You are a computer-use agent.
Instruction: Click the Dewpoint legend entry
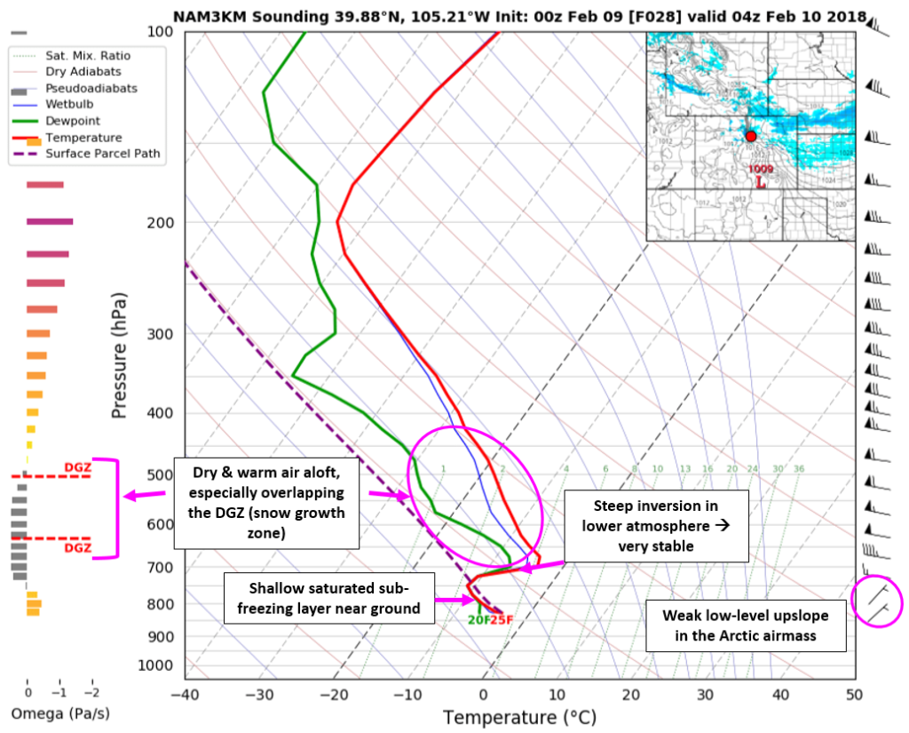(72, 121)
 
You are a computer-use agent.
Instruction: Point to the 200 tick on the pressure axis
(162, 222)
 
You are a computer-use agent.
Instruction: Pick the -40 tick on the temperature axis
(185, 694)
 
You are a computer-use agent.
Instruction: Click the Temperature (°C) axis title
(519, 717)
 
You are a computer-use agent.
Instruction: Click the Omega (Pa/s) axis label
(60, 713)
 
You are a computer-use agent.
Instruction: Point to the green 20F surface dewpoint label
(478, 619)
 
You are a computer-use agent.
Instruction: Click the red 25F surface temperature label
(502, 619)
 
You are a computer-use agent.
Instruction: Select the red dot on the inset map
(751, 136)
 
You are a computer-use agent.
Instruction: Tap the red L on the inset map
(760, 182)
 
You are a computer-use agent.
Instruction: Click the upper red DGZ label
(77, 467)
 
